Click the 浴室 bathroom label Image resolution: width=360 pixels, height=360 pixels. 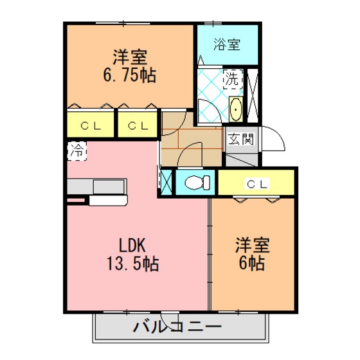click(x=227, y=44)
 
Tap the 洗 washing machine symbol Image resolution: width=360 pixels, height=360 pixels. click(x=233, y=79)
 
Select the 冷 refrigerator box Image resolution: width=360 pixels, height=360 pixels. click(x=77, y=151)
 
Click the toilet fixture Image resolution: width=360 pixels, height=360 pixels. click(x=197, y=183)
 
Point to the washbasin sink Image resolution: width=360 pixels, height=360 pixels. click(x=236, y=109)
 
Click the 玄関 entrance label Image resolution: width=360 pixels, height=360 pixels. click(x=241, y=139)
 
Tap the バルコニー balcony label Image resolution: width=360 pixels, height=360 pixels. click(x=177, y=327)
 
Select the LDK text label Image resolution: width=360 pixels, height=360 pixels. click(x=132, y=246)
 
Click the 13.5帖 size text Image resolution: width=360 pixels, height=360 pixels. click(x=132, y=264)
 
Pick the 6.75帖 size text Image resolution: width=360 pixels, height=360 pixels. click(x=130, y=75)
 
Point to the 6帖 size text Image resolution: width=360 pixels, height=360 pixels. click(x=251, y=263)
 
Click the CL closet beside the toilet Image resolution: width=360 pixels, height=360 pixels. click(x=256, y=183)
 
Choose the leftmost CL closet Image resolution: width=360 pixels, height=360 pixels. click(x=91, y=125)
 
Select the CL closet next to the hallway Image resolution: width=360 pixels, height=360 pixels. click(x=138, y=125)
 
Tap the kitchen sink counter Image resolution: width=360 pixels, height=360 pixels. click(x=96, y=186)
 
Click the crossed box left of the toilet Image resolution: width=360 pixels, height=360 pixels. click(x=166, y=183)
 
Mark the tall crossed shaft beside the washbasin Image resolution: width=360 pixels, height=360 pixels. click(x=253, y=96)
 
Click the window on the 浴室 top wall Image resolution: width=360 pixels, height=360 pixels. click(x=213, y=23)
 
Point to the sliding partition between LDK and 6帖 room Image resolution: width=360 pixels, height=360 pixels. click(x=210, y=254)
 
